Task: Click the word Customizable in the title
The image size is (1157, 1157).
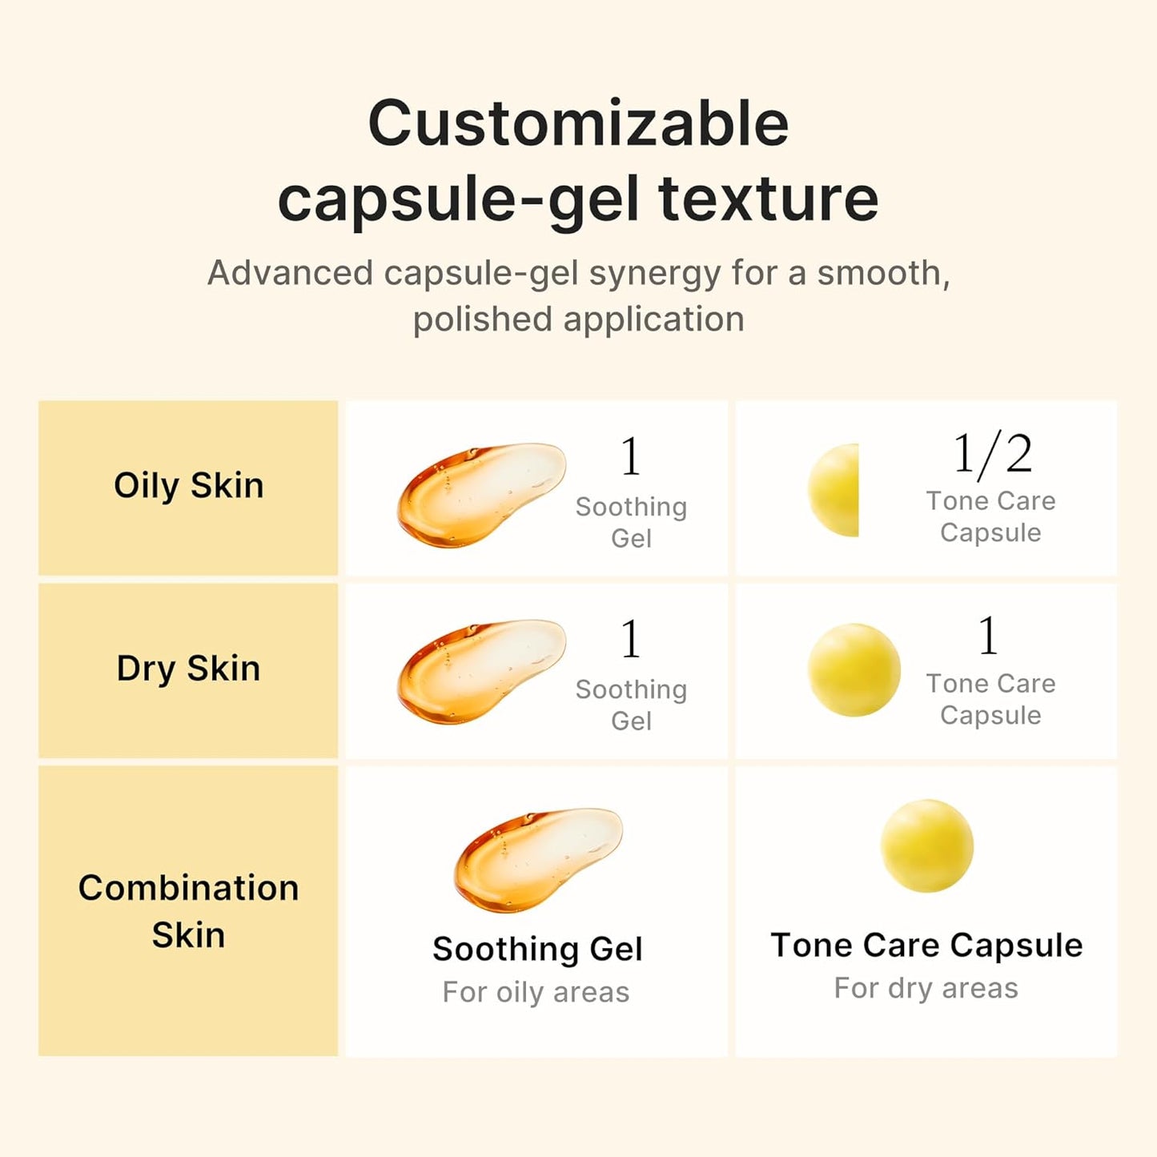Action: pyautogui.click(x=578, y=124)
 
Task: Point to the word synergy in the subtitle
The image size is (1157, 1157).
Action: pyautogui.click(x=655, y=273)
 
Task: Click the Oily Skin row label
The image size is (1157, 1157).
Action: pyautogui.click(x=188, y=486)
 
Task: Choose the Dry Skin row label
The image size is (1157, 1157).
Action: pyautogui.click(x=188, y=669)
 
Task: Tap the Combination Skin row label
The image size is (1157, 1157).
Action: pyautogui.click(x=188, y=911)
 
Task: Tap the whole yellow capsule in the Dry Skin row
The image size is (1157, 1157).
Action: pyautogui.click(x=854, y=669)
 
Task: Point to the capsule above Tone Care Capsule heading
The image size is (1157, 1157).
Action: pyautogui.click(x=926, y=845)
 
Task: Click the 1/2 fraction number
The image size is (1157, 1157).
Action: pyautogui.click(x=991, y=455)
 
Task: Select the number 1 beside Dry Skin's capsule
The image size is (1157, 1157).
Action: pyautogui.click(x=988, y=637)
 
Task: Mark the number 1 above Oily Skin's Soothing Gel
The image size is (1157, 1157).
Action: pyautogui.click(x=631, y=457)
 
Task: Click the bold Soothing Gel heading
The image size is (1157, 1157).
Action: pyautogui.click(x=537, y=949)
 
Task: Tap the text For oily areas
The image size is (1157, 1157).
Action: pyautogui.click(x=536, y=992)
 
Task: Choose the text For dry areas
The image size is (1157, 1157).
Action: pyautogui.click(x=926, y=988)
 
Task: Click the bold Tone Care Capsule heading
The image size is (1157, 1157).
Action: pyautogui.click(x=926, y=946)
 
